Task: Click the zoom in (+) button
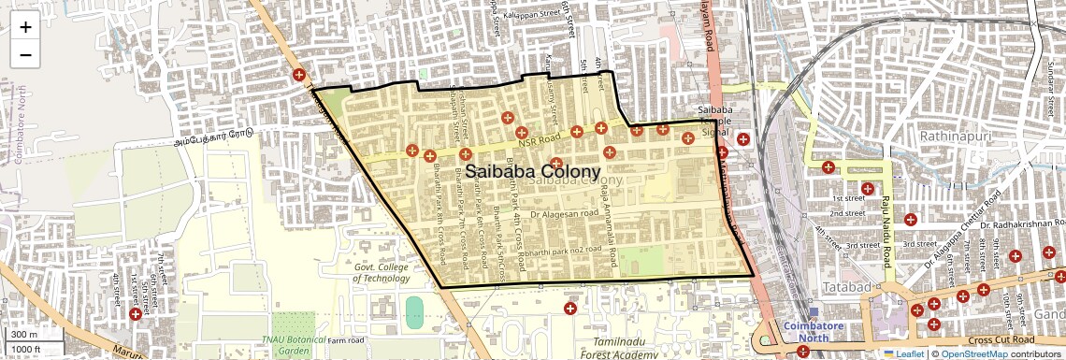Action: pos(25,27)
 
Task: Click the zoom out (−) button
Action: pos(25,54)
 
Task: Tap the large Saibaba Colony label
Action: pos(532,172)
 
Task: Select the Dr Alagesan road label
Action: pos(564,214)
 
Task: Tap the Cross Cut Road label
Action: pos(1001,339)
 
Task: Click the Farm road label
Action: pos(345,340)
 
